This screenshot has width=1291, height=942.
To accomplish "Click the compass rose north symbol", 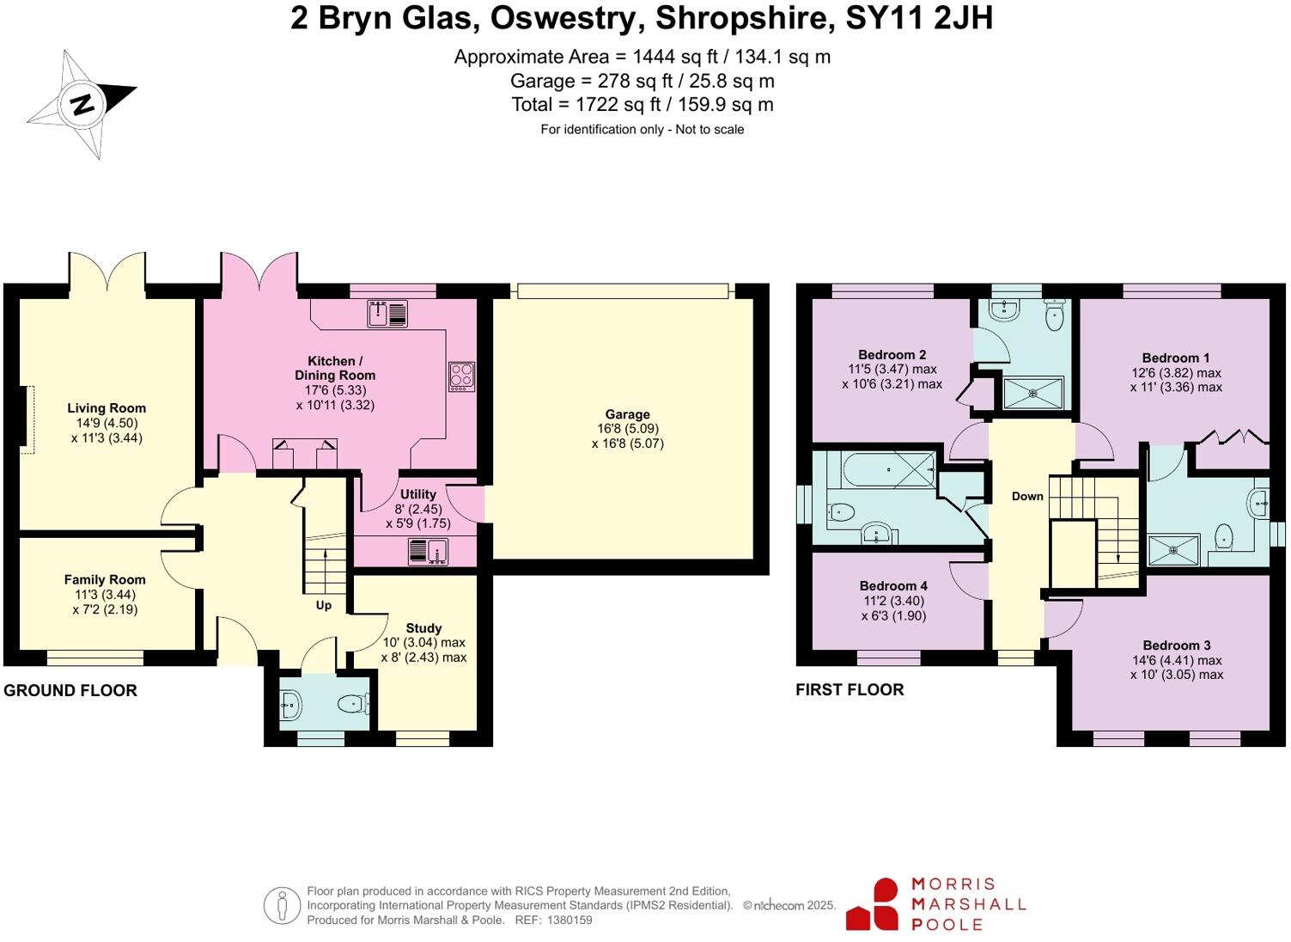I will click(82, 105).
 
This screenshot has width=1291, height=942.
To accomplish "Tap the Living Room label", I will click(107, 408).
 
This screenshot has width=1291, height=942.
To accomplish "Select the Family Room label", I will click(105, 580).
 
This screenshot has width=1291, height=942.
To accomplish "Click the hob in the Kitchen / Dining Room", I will click(461, 376).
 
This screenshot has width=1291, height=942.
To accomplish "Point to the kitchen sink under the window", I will click(387, 314).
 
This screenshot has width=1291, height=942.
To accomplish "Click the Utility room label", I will click(418, 494).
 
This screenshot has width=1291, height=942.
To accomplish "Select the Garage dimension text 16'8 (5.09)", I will click(628, 429).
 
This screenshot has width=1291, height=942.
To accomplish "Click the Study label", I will click(423, 628).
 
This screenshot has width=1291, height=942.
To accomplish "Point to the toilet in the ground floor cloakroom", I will click(352, 705).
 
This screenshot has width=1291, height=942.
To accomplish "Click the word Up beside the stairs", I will click(324, 605).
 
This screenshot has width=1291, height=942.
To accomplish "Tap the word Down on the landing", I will click(1027, 496).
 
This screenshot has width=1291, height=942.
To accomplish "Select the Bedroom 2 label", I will click(892, 355).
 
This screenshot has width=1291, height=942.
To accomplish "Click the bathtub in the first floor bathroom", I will click(890, 469).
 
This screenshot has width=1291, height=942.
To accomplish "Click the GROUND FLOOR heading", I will click(70, 690).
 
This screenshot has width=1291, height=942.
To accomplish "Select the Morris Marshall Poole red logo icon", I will click(874, 905).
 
